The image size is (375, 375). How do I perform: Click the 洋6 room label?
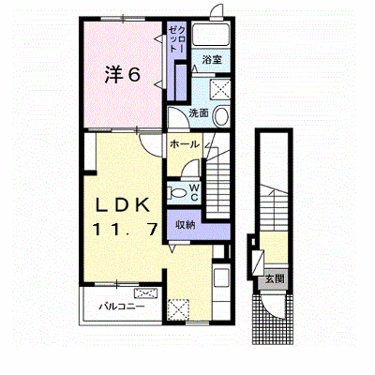(122, 75)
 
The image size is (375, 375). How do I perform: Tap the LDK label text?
(123, 205)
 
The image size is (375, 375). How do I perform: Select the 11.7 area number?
(125, 230)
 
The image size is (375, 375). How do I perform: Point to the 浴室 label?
(212, 59)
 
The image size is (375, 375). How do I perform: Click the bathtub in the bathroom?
(211, 35)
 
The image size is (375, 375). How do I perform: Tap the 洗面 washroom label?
(199, 112)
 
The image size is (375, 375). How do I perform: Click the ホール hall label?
(185, 144)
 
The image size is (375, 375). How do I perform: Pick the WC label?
(194, 192)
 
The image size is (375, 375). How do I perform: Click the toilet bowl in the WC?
(176, 192)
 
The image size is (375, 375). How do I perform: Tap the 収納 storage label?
(185, 224)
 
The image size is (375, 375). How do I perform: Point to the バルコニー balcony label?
(122, 306)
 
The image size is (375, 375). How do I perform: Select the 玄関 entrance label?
(275, 278)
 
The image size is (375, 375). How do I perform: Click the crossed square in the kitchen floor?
(178, 309)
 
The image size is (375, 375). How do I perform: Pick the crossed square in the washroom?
(220, 90)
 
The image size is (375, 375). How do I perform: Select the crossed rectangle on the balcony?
(144, 293)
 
